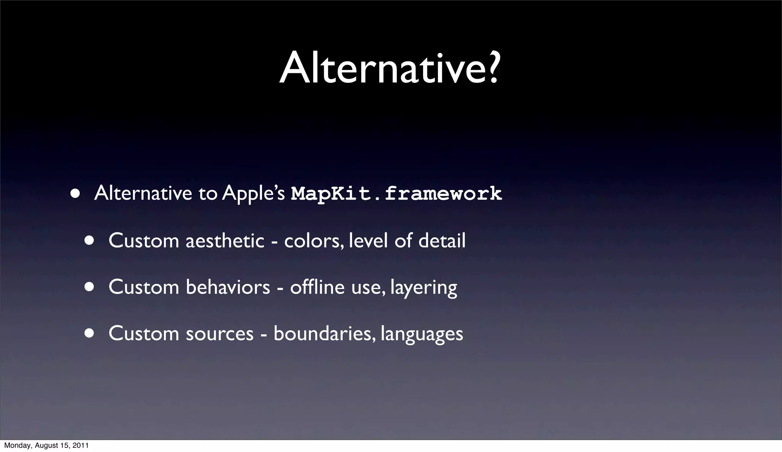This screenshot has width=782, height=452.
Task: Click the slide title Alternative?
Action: [x=389, y=69]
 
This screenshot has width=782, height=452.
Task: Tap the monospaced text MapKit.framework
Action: [x=396, y=194]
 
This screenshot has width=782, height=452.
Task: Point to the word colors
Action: [x=313, y=241]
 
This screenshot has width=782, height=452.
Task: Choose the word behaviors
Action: [x=228, y=287]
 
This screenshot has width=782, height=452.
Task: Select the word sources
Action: [x=220, y=334]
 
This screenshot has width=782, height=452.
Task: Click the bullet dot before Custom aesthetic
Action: [x=89, y=241]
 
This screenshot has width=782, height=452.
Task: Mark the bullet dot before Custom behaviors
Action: [x=89, y=287]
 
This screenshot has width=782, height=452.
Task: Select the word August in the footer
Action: [x=45, y=446]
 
